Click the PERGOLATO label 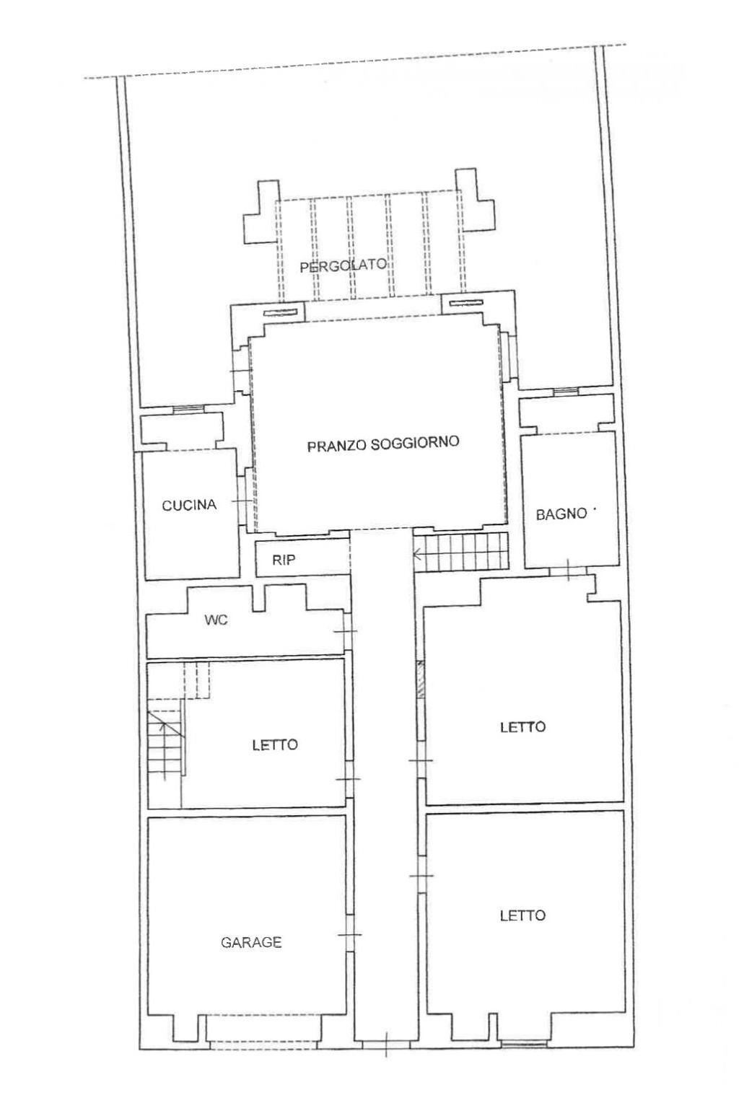point(343,265)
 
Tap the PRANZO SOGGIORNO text point(383,444)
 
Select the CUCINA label point(189,505)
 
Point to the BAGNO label point(561,514)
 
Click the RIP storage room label point(284,560)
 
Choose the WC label point(216,620)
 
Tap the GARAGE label point(251,941)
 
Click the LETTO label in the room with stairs point(275,744)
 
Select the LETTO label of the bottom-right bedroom point(522,915)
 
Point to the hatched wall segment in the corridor point(420,680)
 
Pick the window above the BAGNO point(566,392)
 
